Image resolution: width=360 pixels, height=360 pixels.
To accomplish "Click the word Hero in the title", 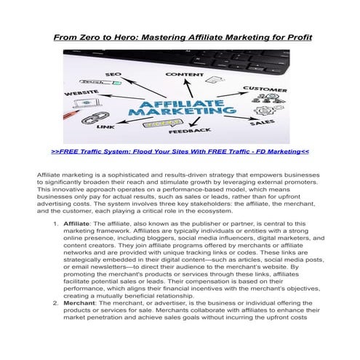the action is [x=132, y=36].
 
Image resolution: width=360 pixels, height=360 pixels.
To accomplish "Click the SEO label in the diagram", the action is [x=114, y=74].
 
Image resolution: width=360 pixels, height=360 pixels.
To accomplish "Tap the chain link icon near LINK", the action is [x=90, y=116].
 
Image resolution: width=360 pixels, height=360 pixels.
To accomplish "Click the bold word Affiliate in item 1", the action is [x=77, y=223].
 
